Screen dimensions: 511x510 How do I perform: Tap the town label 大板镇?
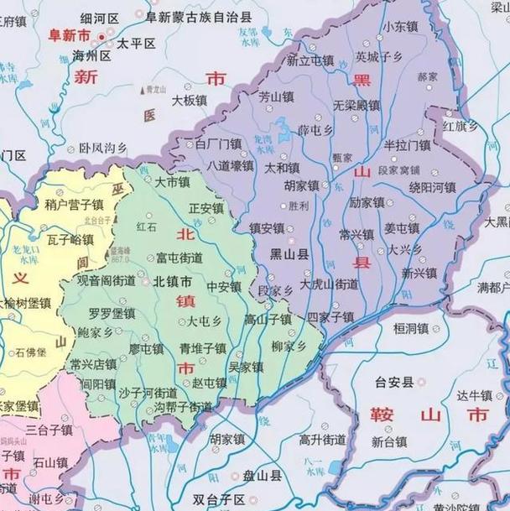pos(189,100)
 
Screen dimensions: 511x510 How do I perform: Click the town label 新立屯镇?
pos(310,60)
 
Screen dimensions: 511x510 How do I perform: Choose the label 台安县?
pos(394,383)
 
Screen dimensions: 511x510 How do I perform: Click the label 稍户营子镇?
pos(74,204)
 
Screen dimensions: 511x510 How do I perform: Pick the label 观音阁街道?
pos(107,281)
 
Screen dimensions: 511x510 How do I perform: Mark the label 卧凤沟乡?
pos(102,147)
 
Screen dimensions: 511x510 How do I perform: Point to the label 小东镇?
pos(400,26)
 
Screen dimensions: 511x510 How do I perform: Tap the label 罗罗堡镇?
pos(112,313)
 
